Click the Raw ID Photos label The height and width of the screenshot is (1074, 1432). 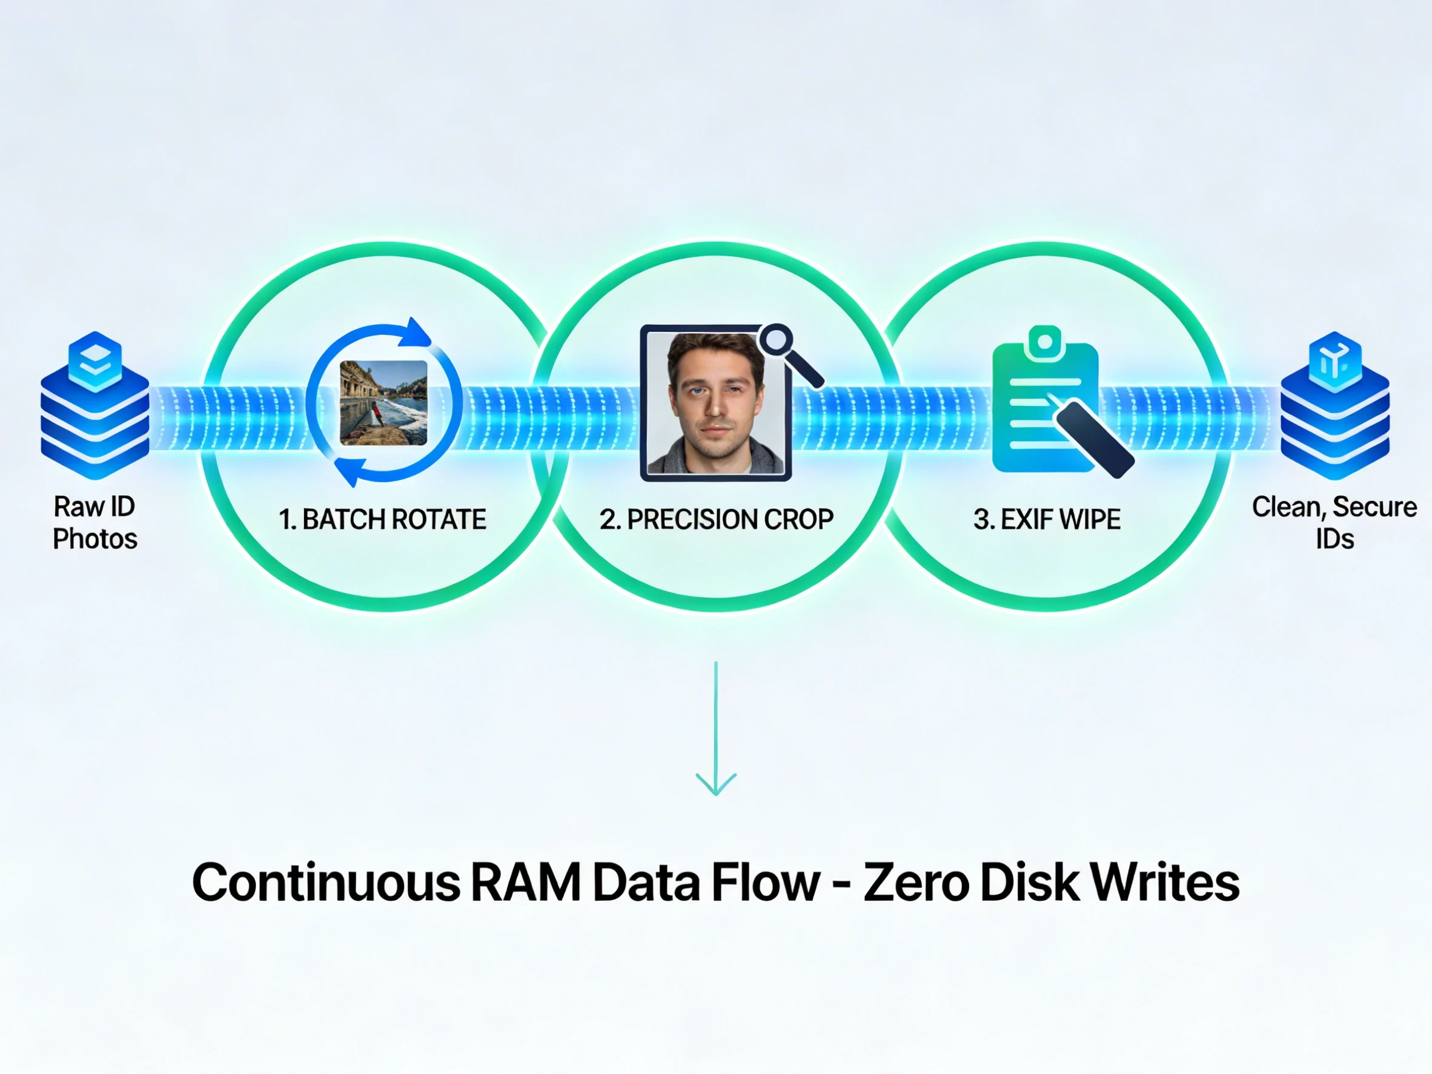point(94,522)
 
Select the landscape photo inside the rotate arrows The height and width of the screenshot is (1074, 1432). point(383,403)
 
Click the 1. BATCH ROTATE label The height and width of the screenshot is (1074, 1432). point(382,519)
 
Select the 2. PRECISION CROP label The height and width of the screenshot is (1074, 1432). point(716,519)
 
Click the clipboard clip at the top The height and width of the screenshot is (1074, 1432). point(1044,341)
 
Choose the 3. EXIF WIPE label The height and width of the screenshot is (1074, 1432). point(1047,519)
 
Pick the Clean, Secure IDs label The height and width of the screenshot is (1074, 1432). point(1334,522)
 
